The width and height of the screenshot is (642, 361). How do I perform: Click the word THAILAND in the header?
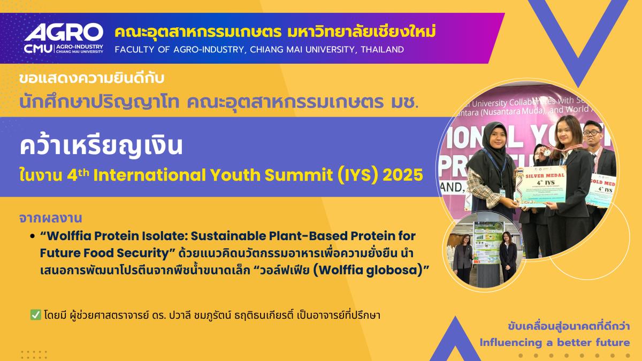click(x=382, y=50)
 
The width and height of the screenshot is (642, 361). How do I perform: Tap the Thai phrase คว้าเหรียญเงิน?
click(x=101, y=146)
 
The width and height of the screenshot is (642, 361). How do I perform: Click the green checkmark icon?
click(x=36, y=315)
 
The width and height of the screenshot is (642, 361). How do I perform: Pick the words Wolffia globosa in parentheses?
click(x=370, y=271)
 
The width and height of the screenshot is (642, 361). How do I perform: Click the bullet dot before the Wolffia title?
click(x=33, y=236)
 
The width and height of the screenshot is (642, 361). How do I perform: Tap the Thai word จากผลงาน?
click(x=49, y=218)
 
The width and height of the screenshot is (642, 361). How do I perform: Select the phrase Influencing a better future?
click(x=555, y=342)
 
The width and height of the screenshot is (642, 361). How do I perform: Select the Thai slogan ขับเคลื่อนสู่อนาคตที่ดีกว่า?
click(x=569, y=326)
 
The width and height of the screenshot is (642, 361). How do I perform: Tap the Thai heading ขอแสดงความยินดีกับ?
click(x=90, y=78)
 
